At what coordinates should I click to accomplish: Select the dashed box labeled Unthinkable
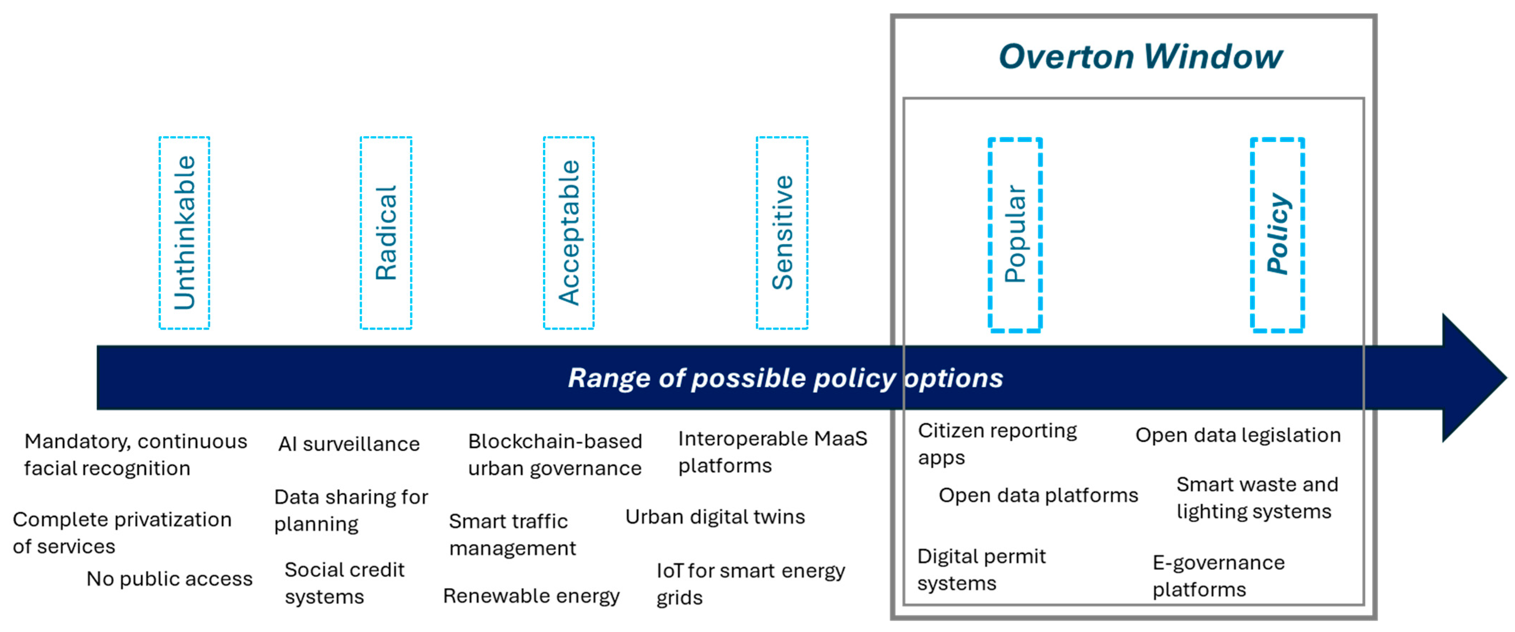184,233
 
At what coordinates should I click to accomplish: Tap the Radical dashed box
386,233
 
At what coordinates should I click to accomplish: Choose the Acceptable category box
569,233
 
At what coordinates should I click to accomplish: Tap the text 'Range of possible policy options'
785,378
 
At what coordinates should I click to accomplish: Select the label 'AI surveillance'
349,444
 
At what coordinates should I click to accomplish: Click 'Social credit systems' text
344,583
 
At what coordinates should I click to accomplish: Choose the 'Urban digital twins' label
715,517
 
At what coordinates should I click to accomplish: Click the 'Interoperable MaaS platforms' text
772,451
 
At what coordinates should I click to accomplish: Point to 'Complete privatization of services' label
122,533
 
